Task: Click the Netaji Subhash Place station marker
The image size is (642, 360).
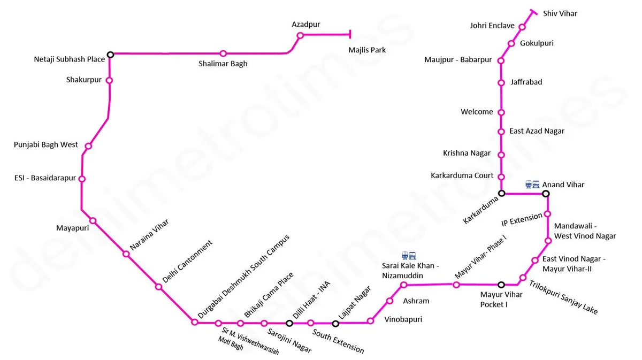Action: pyautogui.click(x=110, y=55)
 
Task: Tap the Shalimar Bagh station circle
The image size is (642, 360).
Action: pyautogui.click(x=223, y=53)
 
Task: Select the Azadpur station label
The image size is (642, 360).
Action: pyautogui.click(x=306, y=25)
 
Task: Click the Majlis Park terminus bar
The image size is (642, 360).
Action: pyautogui.click(x=350, y=34)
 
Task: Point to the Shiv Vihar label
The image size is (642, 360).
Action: pyautogui.click(x=560, y=13)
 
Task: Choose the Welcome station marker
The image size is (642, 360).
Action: pyautogui.click(x=501, y=112)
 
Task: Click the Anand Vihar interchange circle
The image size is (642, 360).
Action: pyautogui.click(x=546, y=194)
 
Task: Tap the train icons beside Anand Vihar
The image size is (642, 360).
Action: pyautogui.click(x=532, y=185)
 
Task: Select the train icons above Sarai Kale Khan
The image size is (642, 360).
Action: pyautogui.click(x=409, y=255)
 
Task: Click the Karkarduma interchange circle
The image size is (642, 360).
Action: pyautogui.click(x=502, y=194)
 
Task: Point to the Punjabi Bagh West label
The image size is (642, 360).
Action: pyautogui.click(x=46, y=145)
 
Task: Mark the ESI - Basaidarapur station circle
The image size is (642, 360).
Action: pyautogui.click(x=82, y=179)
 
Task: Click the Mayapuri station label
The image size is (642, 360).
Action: pyautogui.click(x=73, y=228)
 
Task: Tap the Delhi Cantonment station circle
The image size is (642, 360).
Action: pyautogui.click(x=158, y=287)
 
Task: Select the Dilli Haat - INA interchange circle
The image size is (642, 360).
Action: pyautogui.click(x=289, y=323)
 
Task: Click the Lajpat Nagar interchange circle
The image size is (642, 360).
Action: pyautogui.click(x=335, y=324)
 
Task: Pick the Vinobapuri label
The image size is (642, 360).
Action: pyautogui.click(x=403, y=319)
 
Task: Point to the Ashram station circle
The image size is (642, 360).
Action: pyautogui.click(x=389, y=301)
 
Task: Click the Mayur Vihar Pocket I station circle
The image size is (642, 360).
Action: pyautogui.click(x=501, y=285)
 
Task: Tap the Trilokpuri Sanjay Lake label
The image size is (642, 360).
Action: pyautogui.click(x=563, y=297)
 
